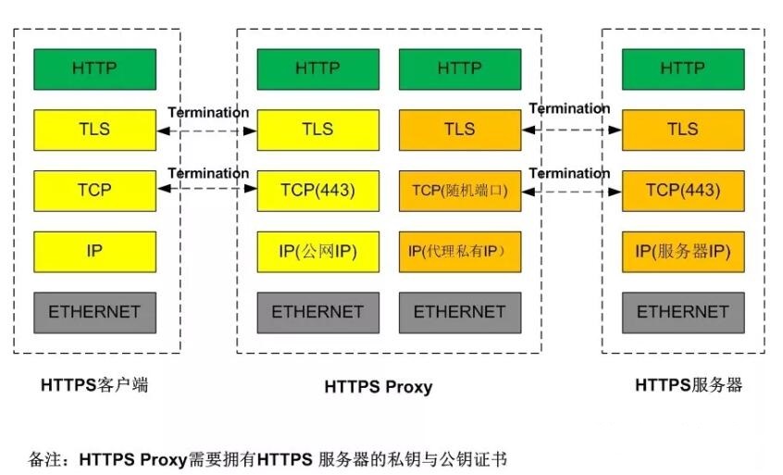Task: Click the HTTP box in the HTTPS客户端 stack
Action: [x=94, y=69]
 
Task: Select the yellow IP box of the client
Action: [x=94, y=251]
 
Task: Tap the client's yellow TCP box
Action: [x=94, y=190]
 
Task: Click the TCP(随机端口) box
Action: [x=460, y=190]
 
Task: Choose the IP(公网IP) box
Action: [x=317, y=251]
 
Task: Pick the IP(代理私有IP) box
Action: [x=460, y=251]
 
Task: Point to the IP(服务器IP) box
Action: [x=683, y=251]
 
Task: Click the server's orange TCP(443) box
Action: [x=683, y=190]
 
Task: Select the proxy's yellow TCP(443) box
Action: [x=317, y=190]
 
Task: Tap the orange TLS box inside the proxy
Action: [x=460, y=130]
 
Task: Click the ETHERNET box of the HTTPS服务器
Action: [x=683, y=312]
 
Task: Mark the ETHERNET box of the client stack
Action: [x=94, y=312]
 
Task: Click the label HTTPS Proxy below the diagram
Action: [x=378, y=387]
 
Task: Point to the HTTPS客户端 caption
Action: [x=94, y=385]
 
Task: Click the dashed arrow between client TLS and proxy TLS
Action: [x=206, y=131]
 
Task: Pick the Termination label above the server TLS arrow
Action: [x=569, y=108]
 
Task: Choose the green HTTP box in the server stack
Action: [x=683, y=69]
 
